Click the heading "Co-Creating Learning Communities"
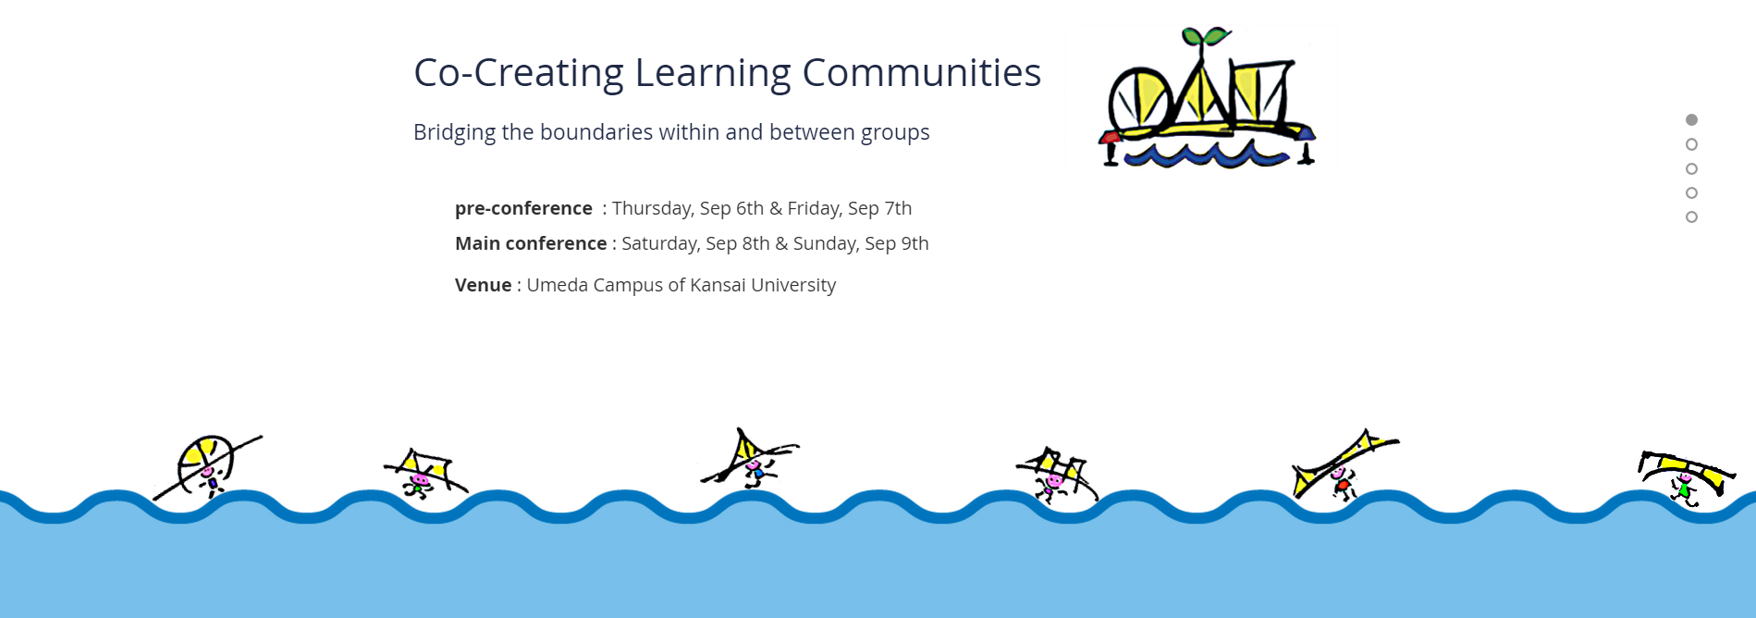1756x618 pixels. tap(727, 73)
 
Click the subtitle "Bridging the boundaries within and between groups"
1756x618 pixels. tap(671, 132)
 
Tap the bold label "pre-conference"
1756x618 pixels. tap(523, 208)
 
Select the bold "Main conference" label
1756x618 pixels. tap(531, 243)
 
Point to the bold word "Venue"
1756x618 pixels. tap(483, 285)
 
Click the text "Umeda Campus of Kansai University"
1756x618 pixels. tap(682, 285)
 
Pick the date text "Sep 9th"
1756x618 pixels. tap(897, 243)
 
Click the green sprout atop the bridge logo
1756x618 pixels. tap(1206, 37)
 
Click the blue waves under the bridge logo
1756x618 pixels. tap(1206, 155)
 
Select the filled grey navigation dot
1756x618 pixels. tap(1691, 119)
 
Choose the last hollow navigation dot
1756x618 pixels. tap(1691, 217)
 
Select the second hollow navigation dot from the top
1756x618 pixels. tap(1691, 168)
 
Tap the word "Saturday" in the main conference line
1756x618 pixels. tap(658, 243)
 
